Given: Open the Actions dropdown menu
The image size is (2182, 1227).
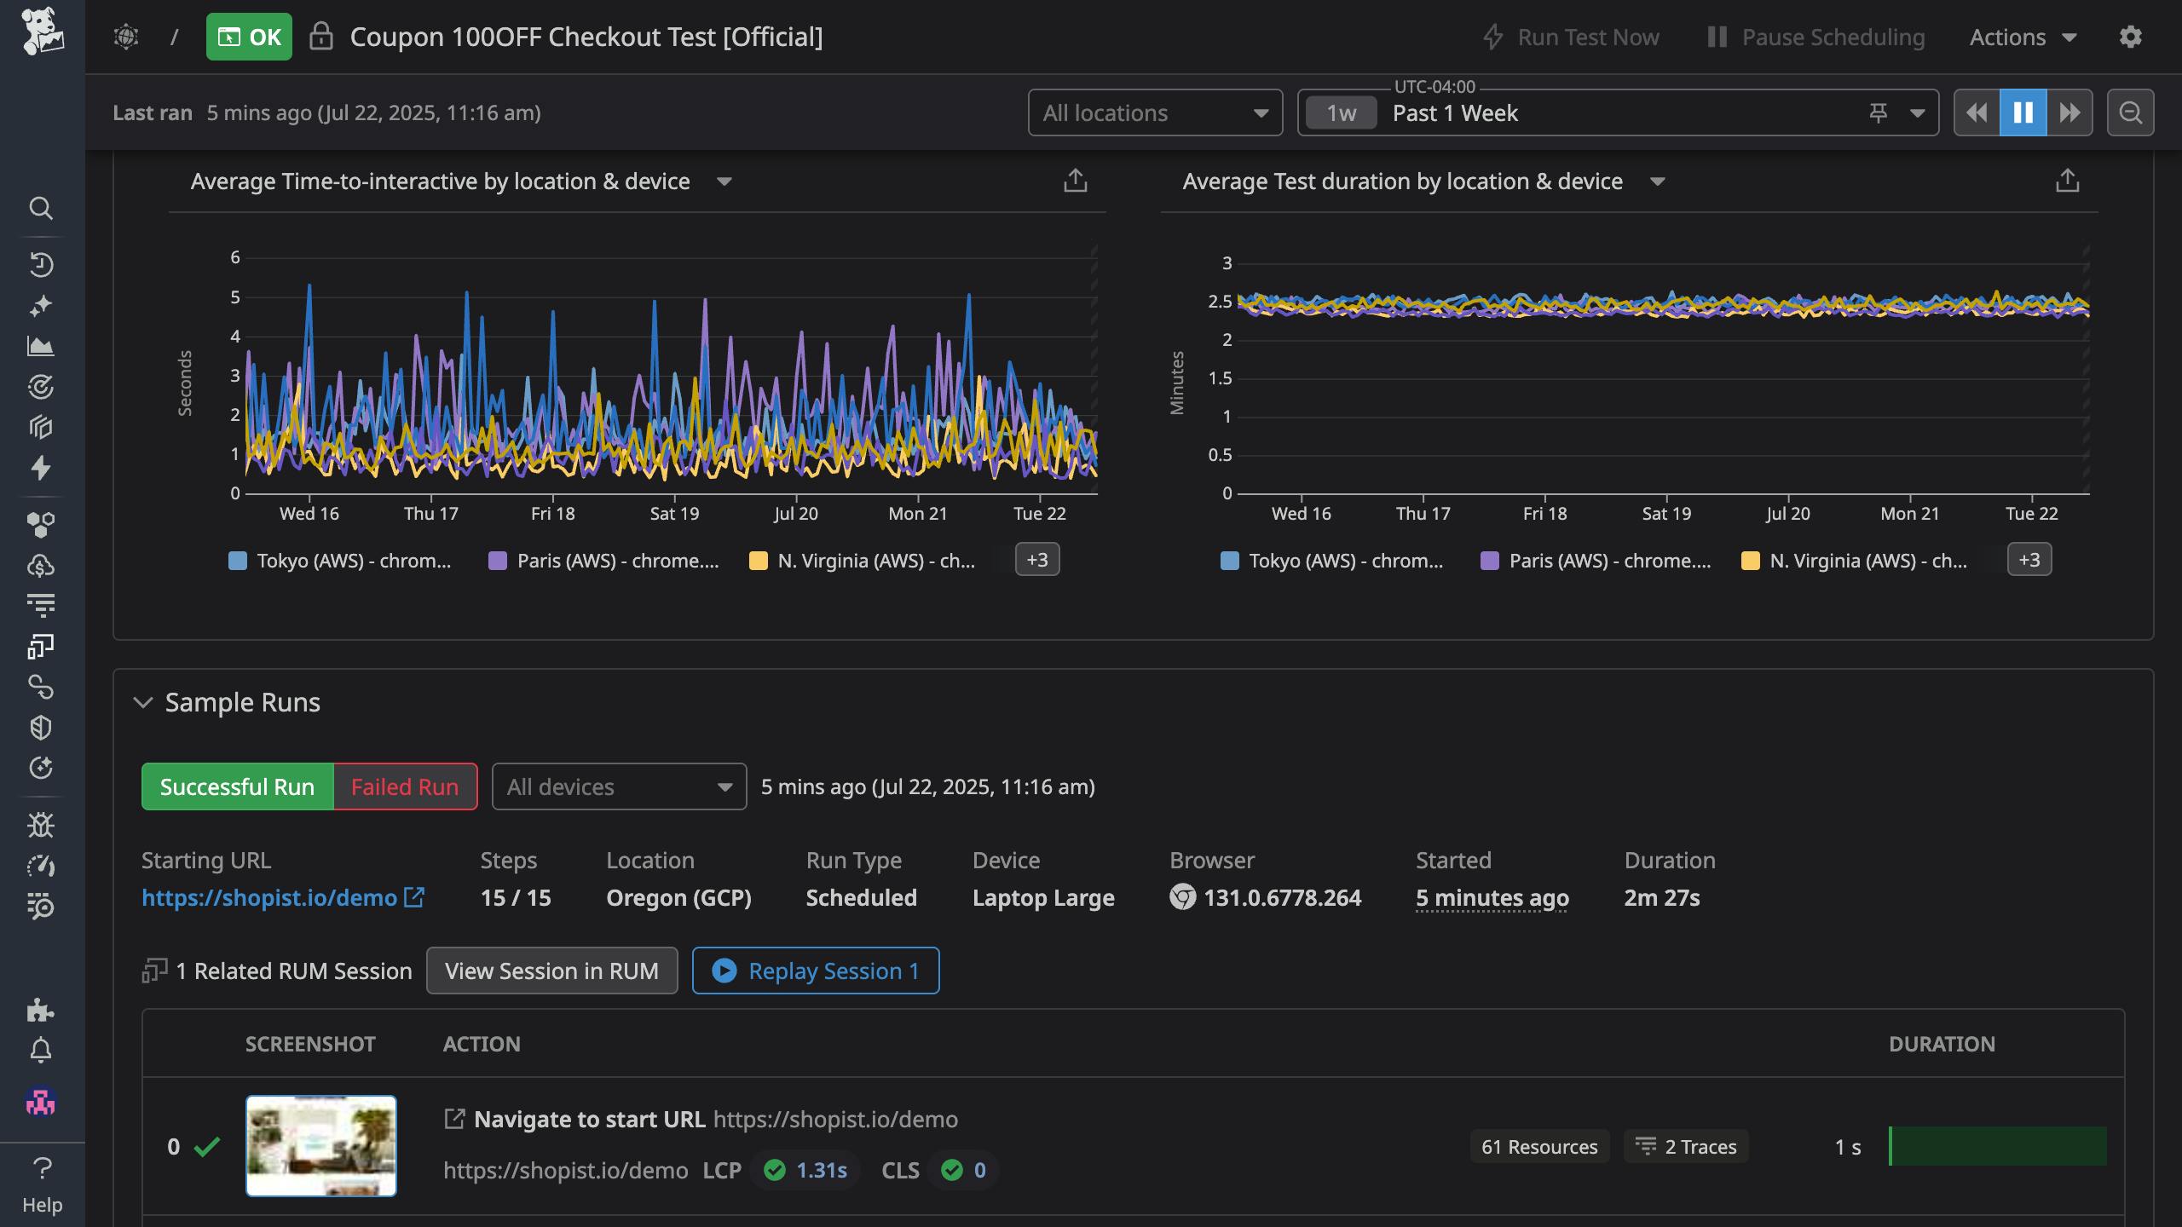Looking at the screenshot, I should tap(2022, 37).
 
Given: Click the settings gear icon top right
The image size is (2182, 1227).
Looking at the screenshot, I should tap(2130, 37).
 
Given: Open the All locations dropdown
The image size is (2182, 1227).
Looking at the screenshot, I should tap(1155, 112).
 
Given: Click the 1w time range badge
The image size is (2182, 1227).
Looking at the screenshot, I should tap(1341, 112).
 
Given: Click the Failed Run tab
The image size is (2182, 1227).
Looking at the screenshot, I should tap(405, 786).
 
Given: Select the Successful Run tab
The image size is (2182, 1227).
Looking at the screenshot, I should tap(237, 786).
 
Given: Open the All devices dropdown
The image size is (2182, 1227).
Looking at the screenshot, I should tap(619, 786).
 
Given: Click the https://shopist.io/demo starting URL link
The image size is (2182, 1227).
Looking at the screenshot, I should tap(269, 897).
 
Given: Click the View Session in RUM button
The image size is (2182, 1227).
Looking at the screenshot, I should tap(551, 971).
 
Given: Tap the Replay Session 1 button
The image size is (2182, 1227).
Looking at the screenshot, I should tap(816, 971).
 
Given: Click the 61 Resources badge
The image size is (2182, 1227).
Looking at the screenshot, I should tap(1539, 1147).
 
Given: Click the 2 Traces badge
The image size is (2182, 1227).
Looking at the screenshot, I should tap(1686, 1147).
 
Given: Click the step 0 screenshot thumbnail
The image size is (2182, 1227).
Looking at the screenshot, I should tap(321, 1146).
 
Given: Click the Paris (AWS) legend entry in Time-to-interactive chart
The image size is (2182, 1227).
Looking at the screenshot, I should tap(605, 561).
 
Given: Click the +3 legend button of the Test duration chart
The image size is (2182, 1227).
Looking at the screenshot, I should tap(2029, 560).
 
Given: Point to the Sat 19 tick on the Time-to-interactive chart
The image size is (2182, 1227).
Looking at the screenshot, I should tap(674, 513).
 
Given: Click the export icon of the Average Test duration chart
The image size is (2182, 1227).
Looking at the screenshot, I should tap(2067, 181).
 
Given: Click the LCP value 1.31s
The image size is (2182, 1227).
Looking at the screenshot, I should tap(821, 1170).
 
